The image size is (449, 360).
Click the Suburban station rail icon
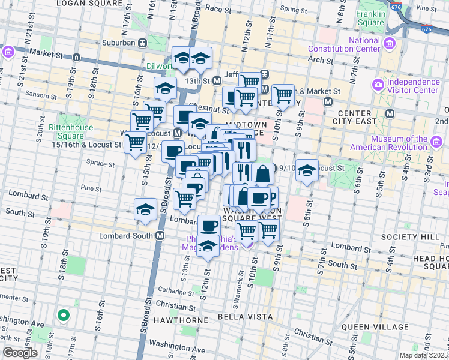click(x=143, y=43)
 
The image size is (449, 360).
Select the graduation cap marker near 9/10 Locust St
click(x=306, y=172)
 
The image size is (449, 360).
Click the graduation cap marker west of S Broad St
click(x=145, y=210)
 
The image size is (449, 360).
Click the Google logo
click(x=19, y=353)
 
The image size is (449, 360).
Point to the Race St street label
click(x=214, y=9)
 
